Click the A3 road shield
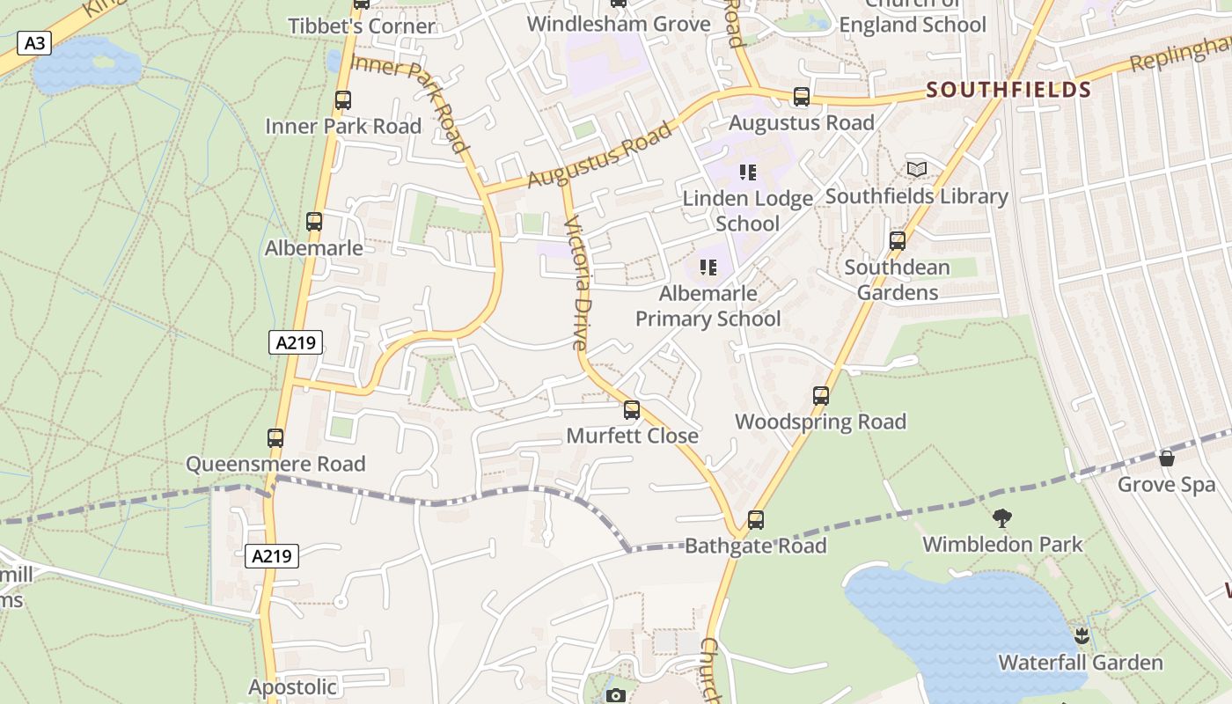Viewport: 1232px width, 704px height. click(x=34, y=43)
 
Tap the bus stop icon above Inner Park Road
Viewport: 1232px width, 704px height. click(x=343, y=100)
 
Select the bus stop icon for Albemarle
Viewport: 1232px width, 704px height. click(x=314, y=222)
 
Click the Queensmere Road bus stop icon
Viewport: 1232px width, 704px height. click(x=275, y=437)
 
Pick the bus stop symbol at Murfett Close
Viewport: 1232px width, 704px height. click(x=632, y=409)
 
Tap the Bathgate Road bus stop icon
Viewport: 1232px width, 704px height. click(x=756, y=519)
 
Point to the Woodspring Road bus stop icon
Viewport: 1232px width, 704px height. click(x=821, y=396)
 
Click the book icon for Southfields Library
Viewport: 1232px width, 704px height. click(x=916, y=169)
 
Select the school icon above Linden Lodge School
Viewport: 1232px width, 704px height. click(x=748, y=172)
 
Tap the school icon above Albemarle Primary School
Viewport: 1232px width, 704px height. click(x=708, y=267)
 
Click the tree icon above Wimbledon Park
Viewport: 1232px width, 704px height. click(x=1001, y=517)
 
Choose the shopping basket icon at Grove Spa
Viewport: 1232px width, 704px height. click(x=1167, y=458)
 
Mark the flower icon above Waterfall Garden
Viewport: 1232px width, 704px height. click(x=1081, y=635)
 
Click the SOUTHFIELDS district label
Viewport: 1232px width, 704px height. click(x=1008, y=90)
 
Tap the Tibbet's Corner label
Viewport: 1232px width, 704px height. click(x=362, y=26)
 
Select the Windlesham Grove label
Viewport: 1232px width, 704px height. click(x=619, y=24)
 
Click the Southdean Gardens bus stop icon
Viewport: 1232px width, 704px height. click(x=898, y=240)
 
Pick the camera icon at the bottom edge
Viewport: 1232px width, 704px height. click(x=616, y=696)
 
